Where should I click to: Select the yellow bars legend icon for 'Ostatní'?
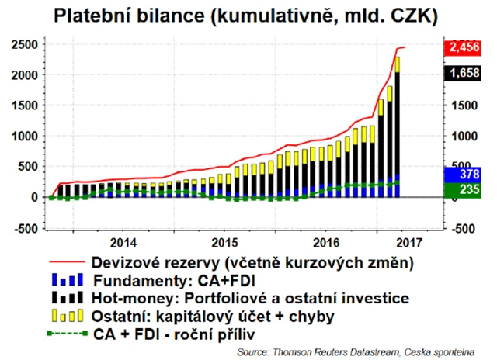(68, 316)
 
